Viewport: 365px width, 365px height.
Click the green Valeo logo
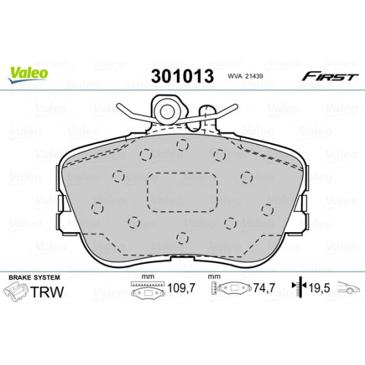pos(28,74)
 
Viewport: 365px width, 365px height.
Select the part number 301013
pos(182,76)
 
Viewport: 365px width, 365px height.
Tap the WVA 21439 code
pos(245,76)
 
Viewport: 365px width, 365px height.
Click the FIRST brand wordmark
pos(330,76)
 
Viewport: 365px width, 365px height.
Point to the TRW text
pos(47,292)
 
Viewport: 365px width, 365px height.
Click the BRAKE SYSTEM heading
pos(34,278)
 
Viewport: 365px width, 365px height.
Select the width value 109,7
pos(181,288)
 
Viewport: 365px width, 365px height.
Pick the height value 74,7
pos(264,288)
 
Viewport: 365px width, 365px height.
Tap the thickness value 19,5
pos(319,288)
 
